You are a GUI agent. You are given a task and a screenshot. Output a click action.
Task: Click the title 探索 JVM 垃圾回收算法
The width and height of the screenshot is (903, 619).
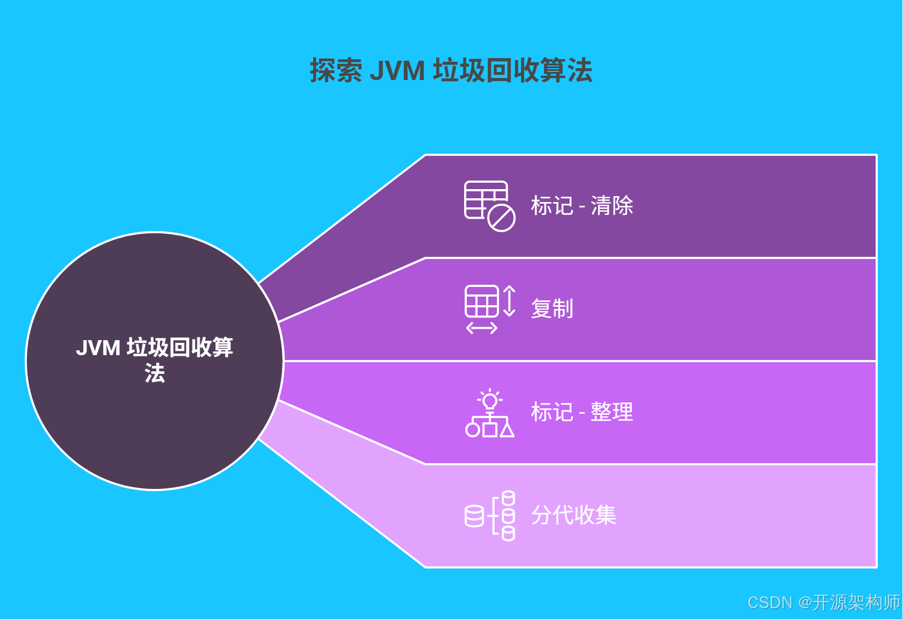pos(451,70)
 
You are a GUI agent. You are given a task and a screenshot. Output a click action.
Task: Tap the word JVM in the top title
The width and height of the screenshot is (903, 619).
pos(397,71)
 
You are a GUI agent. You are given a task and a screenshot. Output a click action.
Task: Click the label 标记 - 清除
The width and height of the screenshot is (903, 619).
pos(582,206)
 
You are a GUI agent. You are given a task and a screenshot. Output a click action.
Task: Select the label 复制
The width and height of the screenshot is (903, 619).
pos(552,308)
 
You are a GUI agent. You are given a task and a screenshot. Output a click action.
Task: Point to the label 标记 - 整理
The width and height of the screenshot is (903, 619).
pos(582,412)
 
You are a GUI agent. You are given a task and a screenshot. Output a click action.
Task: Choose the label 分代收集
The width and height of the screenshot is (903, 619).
pos(573,515)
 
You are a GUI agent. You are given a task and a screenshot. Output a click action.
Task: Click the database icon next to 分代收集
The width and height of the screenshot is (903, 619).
pos(489,515)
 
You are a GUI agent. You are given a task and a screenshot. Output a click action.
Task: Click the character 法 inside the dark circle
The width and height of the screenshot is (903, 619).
pos(155,373)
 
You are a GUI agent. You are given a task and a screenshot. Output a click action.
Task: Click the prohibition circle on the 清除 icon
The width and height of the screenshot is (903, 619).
pos(502,218)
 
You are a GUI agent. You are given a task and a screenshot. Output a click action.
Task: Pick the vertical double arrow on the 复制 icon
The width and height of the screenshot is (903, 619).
pos(509,301)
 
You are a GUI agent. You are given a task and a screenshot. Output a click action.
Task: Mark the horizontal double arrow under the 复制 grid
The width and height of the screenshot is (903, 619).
pos(482,328)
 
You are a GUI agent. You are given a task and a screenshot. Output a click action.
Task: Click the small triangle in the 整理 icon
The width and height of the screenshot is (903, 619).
pos(507,430)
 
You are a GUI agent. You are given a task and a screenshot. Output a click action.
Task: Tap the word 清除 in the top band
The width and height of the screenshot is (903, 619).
pos(612,206)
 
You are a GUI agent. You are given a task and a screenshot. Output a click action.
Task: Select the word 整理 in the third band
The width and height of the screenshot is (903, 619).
pos(612,412)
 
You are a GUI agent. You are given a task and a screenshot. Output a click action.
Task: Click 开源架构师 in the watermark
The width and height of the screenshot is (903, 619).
pos(856,602)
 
